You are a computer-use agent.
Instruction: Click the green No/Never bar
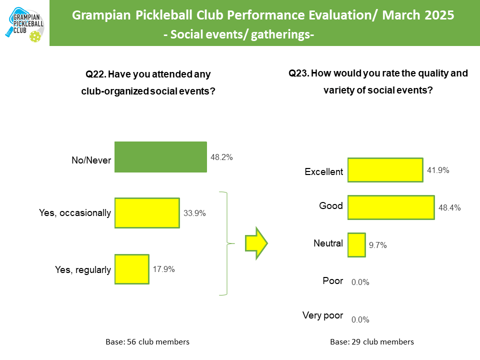[160, 157]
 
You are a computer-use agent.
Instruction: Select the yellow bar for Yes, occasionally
[147, 213]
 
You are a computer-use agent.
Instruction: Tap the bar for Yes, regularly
[132, 269]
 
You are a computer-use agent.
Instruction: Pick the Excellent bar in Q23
[385, 170]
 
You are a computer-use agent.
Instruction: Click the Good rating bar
[390, 207]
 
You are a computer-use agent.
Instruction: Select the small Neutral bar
[356, 244]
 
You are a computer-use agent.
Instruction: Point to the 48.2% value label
[221, 157]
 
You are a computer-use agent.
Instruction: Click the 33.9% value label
[194, 213]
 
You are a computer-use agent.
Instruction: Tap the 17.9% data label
[163, 269]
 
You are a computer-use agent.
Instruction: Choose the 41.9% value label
[438, 170]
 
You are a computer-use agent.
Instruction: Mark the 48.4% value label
[449, 207]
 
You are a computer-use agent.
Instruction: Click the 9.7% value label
[378, 245]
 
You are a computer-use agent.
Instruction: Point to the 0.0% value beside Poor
[360, 282]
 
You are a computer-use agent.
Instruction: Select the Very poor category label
[322, 315]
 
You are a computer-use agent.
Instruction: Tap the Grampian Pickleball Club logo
[24, 23]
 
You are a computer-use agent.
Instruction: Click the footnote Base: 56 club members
[147, 342]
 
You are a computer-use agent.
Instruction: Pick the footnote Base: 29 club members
[372, 342]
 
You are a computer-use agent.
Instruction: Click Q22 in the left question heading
[95, 74]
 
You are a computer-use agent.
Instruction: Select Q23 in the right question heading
[298, 73]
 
